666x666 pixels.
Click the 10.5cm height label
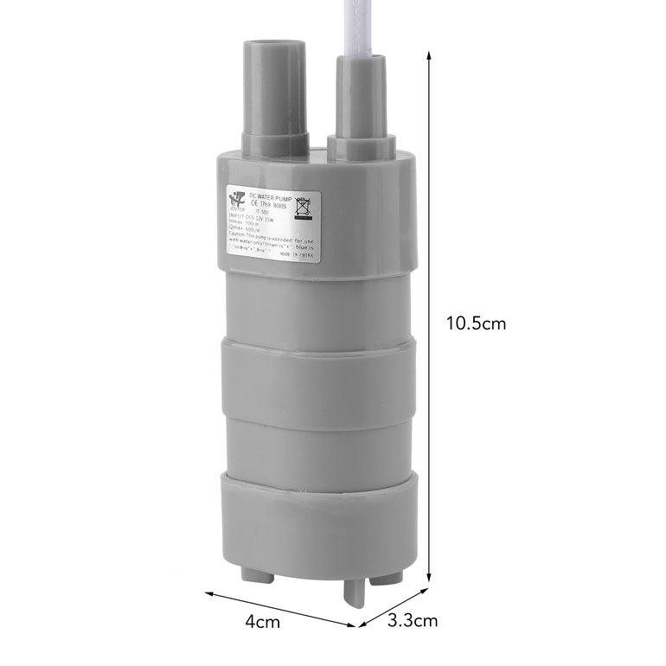click(x=476, y=323)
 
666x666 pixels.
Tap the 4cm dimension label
click(x=262, y=621)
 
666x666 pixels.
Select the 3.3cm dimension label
click(x=413, y=620)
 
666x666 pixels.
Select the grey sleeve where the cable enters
click(x=362, y=95)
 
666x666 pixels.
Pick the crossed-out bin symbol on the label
click(x=304, y=208)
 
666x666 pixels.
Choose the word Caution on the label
click(x=237, y=234)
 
